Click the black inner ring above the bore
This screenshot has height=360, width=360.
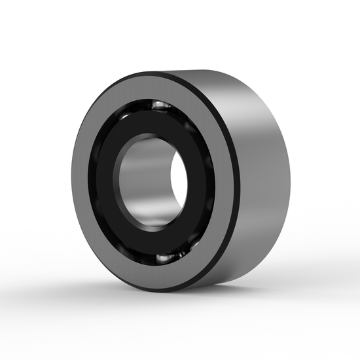point(157,121)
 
